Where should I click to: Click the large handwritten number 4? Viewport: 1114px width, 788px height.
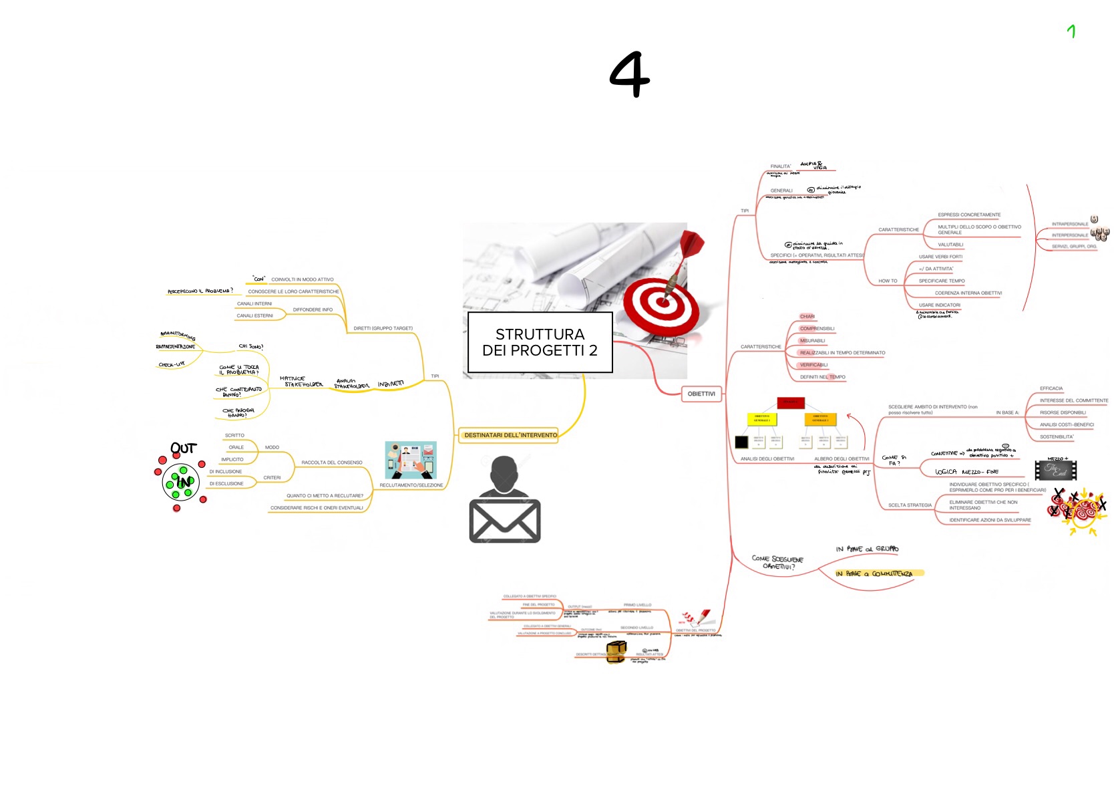point(629,74)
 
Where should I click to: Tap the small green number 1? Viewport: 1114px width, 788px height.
point(1071,31)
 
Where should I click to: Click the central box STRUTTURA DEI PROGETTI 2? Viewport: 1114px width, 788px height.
point(540,342)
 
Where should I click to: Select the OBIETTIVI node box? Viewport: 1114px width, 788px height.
point(701,394)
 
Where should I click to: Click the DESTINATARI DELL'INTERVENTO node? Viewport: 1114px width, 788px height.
point(510,435)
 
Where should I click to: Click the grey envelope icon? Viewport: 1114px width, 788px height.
point(505,521)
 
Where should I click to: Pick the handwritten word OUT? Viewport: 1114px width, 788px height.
point(183,448)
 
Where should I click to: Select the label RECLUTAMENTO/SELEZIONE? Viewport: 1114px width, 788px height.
point(411,485)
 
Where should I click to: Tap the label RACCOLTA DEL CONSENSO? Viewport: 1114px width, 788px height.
point(331,463)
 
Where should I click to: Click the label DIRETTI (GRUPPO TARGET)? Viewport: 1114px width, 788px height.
point(383,328)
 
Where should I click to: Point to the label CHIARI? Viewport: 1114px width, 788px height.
point(807,316)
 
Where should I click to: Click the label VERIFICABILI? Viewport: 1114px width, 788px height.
point(813,365)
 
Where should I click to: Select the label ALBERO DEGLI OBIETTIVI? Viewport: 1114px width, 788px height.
point(842,458)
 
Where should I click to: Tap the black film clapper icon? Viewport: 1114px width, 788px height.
point(1055,470)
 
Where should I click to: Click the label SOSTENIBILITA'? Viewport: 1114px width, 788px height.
point(1057,436)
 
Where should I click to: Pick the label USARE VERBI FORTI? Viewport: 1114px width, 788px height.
point(940,257)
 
